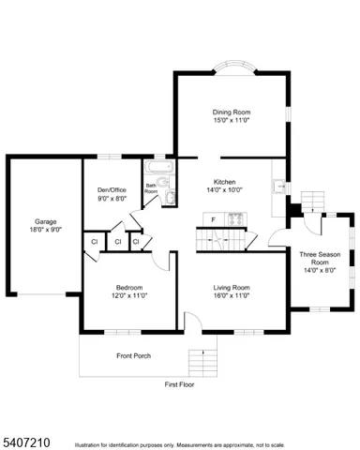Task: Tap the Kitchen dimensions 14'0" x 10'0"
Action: click(x=224, y=189)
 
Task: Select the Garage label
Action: click(x=46, y=222)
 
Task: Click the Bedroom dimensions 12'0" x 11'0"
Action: click(x=129, y=295)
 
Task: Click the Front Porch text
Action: click(x=133, y=355)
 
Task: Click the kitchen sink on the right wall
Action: click(x=278, y=187)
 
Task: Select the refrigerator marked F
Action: click(x=213, y=219)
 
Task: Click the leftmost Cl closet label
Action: click(x=95, y=243)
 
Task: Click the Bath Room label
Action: click(x=150, y=188)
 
